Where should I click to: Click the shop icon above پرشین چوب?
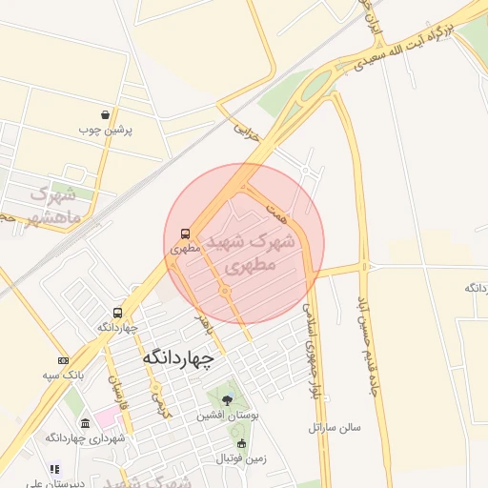(117, 113)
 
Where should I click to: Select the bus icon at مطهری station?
(184, 233)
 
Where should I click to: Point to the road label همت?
(277, 210)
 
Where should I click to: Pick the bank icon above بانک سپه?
(63, 360)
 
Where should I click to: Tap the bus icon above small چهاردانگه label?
(117, 313)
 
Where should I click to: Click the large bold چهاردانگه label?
(178, 358)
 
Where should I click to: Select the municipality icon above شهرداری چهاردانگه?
(86, 423)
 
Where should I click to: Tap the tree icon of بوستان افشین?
(227, 400)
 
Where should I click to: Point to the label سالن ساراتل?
(335, 428)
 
